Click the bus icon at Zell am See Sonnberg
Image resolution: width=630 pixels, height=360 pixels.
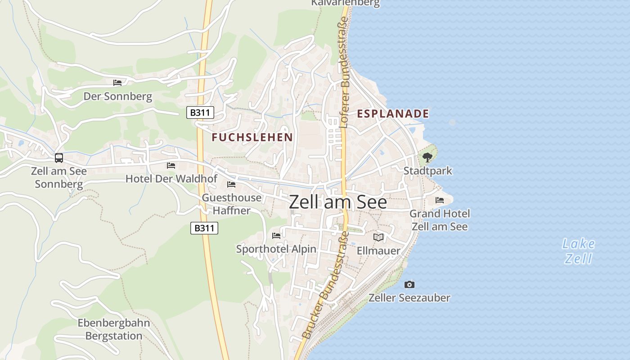(59, 158)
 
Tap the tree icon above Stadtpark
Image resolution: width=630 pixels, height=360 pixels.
(427, 157)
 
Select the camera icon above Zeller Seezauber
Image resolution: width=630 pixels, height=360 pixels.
(409, 284)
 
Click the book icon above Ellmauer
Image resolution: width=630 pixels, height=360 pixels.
(378, 237)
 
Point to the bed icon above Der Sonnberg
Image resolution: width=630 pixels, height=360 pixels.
(117, 83)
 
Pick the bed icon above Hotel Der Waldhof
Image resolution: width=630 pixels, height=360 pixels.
(171, 166)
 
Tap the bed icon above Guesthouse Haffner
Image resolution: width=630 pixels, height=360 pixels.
(231, 184)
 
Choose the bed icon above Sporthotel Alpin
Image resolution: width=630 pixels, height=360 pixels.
(276, 235)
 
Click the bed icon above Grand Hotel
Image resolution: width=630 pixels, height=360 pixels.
(440, 200)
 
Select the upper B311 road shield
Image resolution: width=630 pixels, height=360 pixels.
(200, 112)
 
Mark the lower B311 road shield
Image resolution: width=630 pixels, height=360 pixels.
(204, 228)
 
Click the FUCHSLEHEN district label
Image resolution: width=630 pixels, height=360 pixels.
(252, 137)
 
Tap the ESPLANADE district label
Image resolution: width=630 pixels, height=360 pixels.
(393, 114)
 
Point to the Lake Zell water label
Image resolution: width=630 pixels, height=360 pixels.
(579, 252)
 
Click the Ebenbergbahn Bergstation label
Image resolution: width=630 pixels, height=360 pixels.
(114, 329)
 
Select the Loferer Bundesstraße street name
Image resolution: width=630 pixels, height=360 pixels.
(345, 72)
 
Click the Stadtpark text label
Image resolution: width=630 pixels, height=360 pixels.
(427, 171)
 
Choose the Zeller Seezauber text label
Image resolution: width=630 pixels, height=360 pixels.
(409, 298)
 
